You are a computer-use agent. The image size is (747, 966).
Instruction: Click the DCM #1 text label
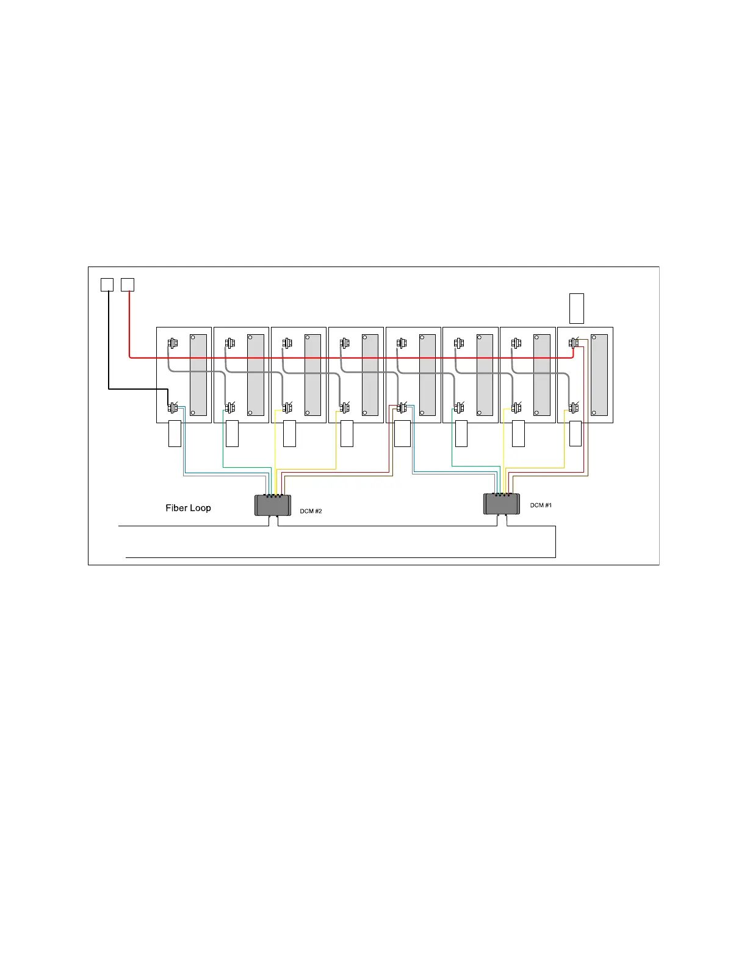[541, 505]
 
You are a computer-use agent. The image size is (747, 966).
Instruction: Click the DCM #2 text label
[311, 511]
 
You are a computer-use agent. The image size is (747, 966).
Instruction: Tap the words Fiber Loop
[188, 508]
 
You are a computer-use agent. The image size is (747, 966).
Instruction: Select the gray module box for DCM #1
[502, 504]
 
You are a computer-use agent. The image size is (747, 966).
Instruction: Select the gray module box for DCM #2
[273, 506]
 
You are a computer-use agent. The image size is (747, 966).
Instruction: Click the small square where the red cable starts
[127, 285]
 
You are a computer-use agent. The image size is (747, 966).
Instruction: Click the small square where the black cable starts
[107, 285]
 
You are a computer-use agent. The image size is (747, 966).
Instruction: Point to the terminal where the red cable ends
[573, 344]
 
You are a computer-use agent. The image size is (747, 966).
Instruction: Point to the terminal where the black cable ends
[172, 407]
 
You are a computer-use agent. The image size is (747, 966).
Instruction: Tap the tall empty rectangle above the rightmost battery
[576, 308]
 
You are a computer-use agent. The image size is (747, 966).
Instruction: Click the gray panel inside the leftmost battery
[198, 375]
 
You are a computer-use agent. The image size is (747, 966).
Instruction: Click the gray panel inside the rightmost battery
[599, 375]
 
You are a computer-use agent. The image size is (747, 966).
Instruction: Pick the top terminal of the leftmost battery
[172, 344]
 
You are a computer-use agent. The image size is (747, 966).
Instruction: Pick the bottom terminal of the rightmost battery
[573, 407]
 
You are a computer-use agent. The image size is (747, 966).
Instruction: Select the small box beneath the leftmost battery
[175, 434]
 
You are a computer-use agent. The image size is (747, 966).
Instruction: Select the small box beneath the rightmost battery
[575, 434]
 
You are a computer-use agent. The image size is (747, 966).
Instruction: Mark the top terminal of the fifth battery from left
[401, 344]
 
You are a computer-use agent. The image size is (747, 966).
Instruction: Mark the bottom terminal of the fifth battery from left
[401, 407]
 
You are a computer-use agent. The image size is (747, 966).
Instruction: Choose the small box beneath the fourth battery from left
[347, 434]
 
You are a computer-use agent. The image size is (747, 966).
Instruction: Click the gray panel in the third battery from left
[312, 375]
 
